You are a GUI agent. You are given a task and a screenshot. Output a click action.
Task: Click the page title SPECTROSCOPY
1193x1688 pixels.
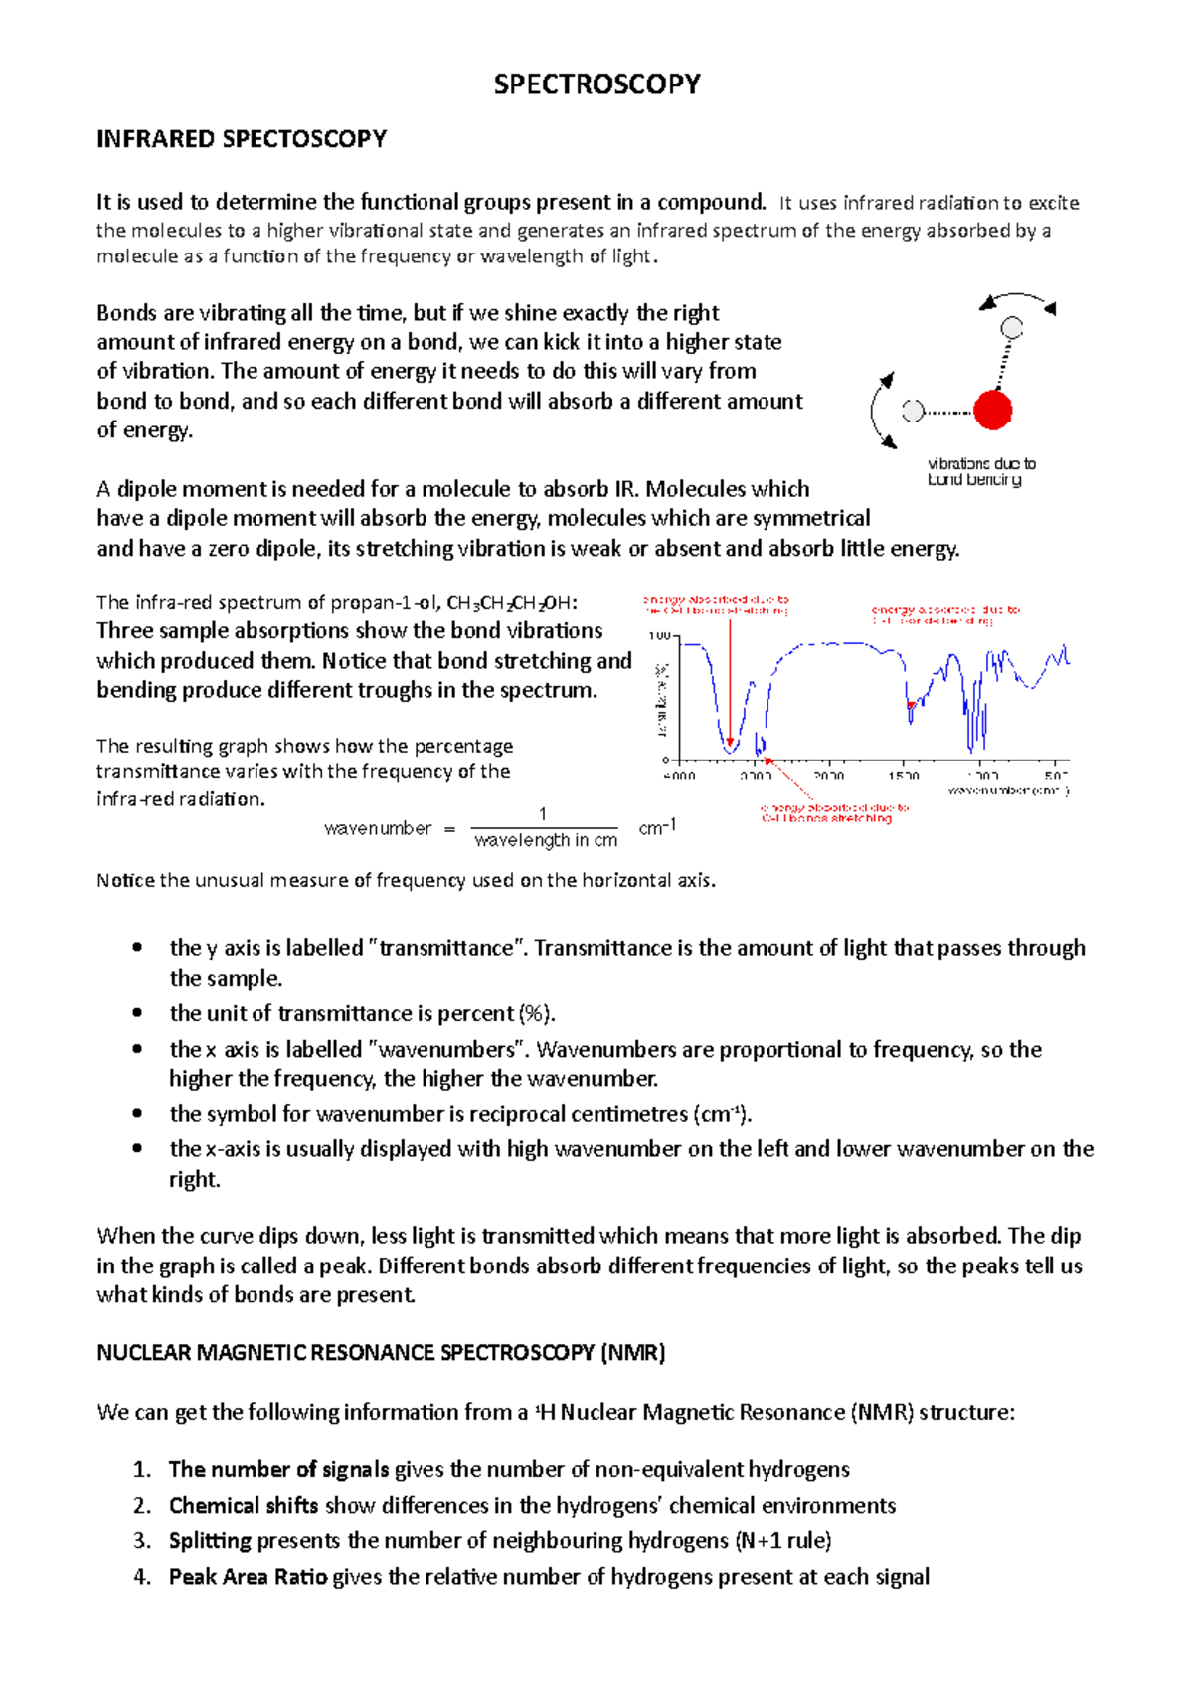click(596, 84)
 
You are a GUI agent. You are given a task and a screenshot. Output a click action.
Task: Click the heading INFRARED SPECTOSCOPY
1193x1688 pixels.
click(242, 139)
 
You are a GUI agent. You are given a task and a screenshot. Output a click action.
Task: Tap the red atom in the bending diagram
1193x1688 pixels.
click(992, 410)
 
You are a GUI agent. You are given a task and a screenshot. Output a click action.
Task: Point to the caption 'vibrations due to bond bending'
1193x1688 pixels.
click(979, 472)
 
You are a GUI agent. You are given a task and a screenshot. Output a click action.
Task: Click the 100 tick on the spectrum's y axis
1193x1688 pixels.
click(659, 636)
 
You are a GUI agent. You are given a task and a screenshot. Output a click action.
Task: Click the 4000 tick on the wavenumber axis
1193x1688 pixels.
click(680, 776)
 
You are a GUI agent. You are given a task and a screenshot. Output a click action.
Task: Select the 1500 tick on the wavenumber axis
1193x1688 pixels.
click(903, 776)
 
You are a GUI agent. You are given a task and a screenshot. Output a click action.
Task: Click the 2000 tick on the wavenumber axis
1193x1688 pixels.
click(828, 776)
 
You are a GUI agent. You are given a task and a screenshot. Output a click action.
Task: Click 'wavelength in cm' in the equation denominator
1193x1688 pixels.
click(546, 841)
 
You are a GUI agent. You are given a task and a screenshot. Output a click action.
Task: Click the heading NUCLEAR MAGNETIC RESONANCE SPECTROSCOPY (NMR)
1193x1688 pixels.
click(381, 1353)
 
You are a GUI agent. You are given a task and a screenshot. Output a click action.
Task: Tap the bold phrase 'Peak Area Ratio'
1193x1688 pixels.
click(248, 1577)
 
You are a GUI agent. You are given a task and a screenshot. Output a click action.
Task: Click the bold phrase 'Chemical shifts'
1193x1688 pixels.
click(244, 1506)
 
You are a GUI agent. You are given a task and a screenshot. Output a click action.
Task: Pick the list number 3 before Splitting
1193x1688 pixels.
click(141, 1541)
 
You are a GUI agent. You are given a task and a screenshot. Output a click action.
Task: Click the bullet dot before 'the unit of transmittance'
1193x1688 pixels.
click(137, 1013)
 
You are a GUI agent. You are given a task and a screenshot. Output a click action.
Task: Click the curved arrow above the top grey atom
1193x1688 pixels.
click(1016, 299)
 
